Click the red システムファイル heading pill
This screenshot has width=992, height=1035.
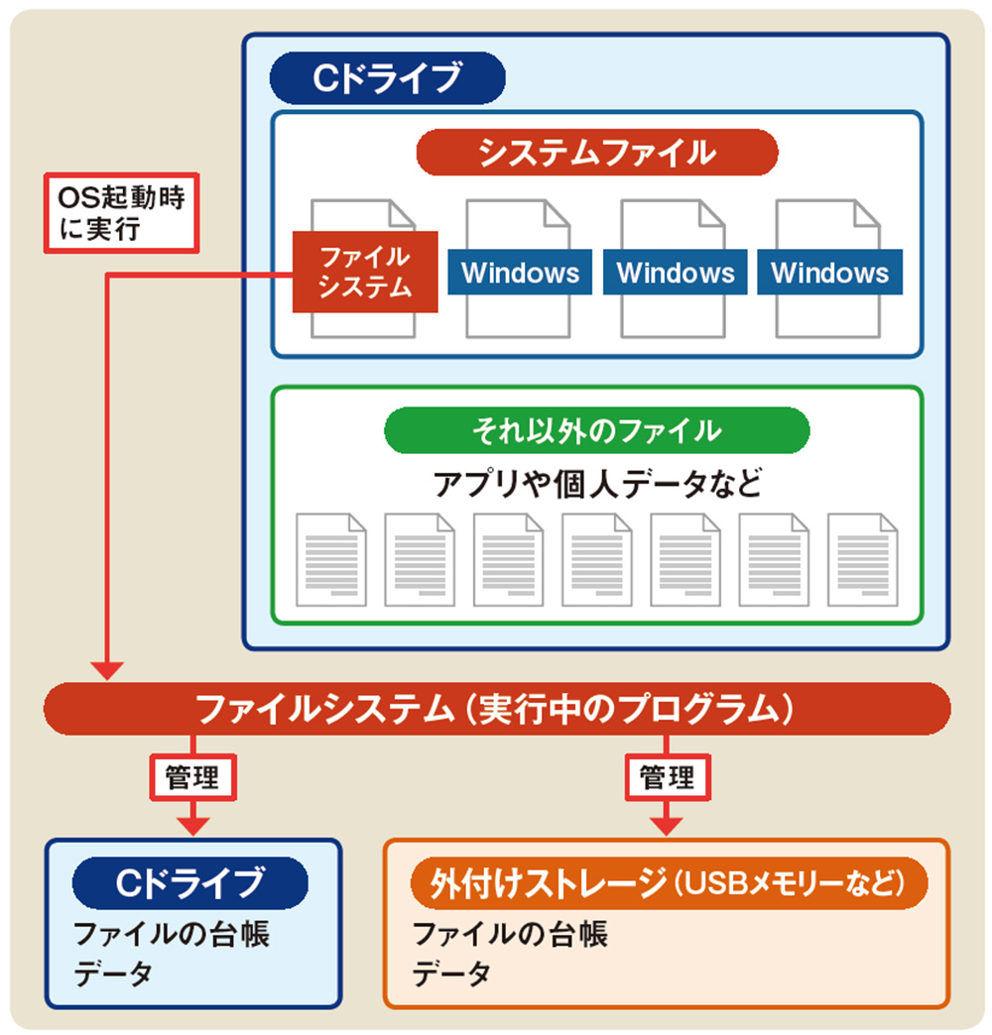tap(597, 153)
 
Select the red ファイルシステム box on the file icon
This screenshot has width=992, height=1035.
tap(364, 272)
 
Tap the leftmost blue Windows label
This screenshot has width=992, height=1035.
tap(520, 272)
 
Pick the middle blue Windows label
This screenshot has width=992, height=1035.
tap(676, 272)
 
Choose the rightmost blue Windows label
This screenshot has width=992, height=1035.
tap(830, 272)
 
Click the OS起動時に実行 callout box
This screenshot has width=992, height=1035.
tap(121, 213)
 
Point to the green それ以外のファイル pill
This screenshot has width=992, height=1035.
tap(597, 430)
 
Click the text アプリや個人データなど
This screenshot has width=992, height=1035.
tap(597, 484)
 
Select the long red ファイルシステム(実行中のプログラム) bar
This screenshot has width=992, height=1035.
tap(496, 709)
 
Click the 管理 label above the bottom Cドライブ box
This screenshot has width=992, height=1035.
tap(193, 777)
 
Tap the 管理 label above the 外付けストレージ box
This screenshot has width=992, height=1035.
tap(667, 777)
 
